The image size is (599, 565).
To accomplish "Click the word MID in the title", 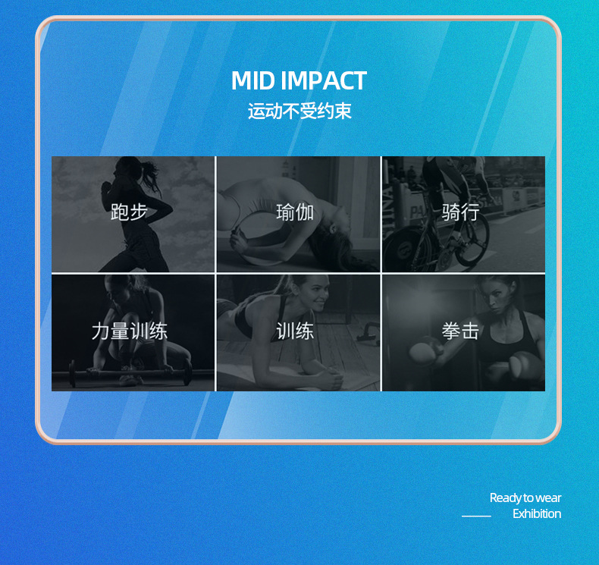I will (252, 81).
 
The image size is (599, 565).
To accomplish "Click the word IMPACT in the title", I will (323, 81).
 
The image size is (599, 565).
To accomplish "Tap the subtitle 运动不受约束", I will (299, 111).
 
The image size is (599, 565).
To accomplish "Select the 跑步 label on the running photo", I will (129, 212).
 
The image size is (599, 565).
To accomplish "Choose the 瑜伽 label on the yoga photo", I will (295, 212).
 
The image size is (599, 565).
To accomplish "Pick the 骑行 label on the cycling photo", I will (460, 212).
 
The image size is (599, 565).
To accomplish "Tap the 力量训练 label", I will (129, 331).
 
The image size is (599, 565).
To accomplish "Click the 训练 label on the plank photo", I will (295, 331).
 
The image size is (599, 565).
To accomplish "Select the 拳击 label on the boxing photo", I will (460, 331).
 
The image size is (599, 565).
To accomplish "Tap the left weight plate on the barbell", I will (73, 373).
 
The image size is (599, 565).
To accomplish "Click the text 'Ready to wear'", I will (525, 498).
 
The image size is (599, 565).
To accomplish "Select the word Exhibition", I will (536, 514).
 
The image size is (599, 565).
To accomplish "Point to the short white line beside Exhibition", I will (476, 516).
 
